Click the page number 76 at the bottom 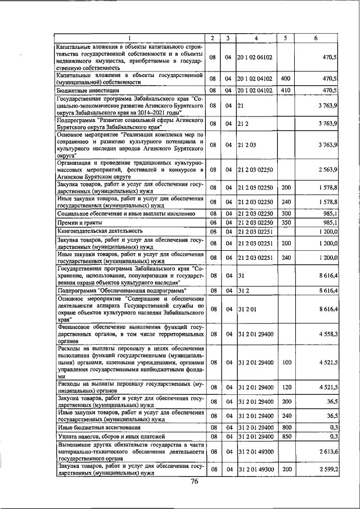pyautogui.click(x=195, y=481)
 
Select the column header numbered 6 pyautogui.click(x=316, y=38)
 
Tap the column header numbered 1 pyautogui.click(x=129, y=38)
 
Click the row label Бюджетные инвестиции pyautogui.click(x=88, y=90)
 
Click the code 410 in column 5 pyautogui.click(x=285, y=90)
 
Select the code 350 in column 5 pyautogui.click(x=285, y=222)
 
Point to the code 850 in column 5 pyautogui.click(x=285, y=436)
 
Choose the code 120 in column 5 pyautogui.click(x=285, y=387)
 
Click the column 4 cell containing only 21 pyautogui.click(x=241, y=105)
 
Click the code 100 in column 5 pyautogui.click(x=285, y=363)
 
